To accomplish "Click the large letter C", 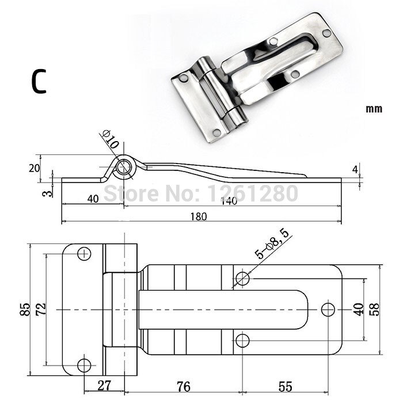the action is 39,82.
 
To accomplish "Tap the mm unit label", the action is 374,109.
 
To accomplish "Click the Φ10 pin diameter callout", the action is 111,139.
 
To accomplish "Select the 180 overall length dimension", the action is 199,216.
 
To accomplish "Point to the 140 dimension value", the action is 229,200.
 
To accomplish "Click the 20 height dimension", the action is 35,168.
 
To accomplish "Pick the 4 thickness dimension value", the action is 355,169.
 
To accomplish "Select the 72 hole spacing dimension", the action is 41,309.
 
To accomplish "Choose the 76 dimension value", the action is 183,386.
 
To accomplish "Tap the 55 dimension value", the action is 286,386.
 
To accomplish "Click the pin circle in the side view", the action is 124,167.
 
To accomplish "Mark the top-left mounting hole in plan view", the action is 84,254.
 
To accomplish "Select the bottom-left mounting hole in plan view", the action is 84,365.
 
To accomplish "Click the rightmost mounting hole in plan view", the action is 328,310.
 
